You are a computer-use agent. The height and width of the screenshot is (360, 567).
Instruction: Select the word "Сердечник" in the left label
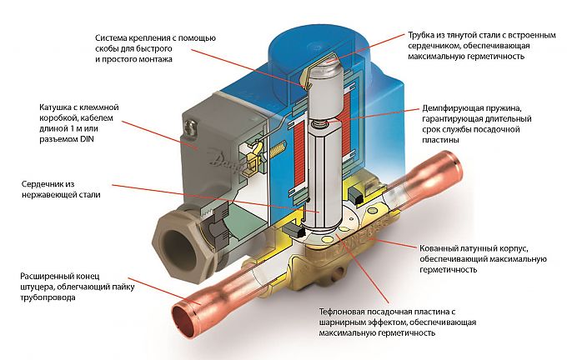tap(39, 184)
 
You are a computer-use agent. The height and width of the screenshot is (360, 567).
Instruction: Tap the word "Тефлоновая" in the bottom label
tap(346, 311)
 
